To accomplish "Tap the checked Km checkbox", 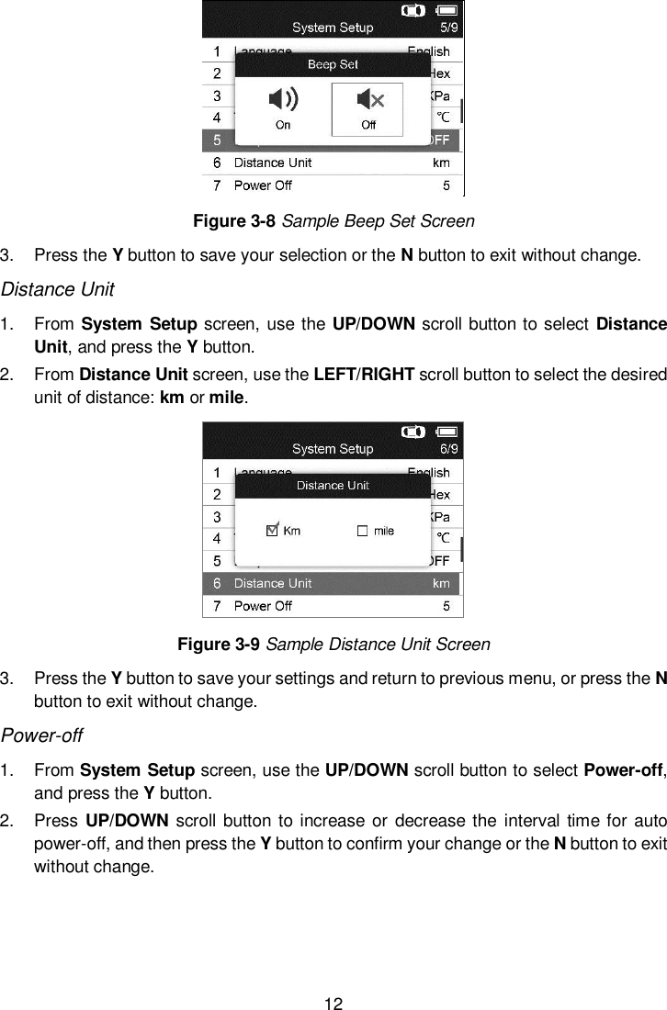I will [x=272, y=530].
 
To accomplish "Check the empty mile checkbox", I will [x=362, y=531].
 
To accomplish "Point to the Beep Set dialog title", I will [x=333, y=64].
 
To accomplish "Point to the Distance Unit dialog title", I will [x=333, y=486].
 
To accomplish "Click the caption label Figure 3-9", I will [x=219, y=644].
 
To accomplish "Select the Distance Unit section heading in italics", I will [x=57, y=290].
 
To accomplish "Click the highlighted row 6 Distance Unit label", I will [x=272, y=583].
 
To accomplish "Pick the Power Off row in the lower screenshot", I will [x=263, y=606].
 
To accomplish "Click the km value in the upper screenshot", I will [x=441, y=163].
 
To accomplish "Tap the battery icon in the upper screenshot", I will [x=447, y=10].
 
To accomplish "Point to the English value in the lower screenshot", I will [x=428, y=473].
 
